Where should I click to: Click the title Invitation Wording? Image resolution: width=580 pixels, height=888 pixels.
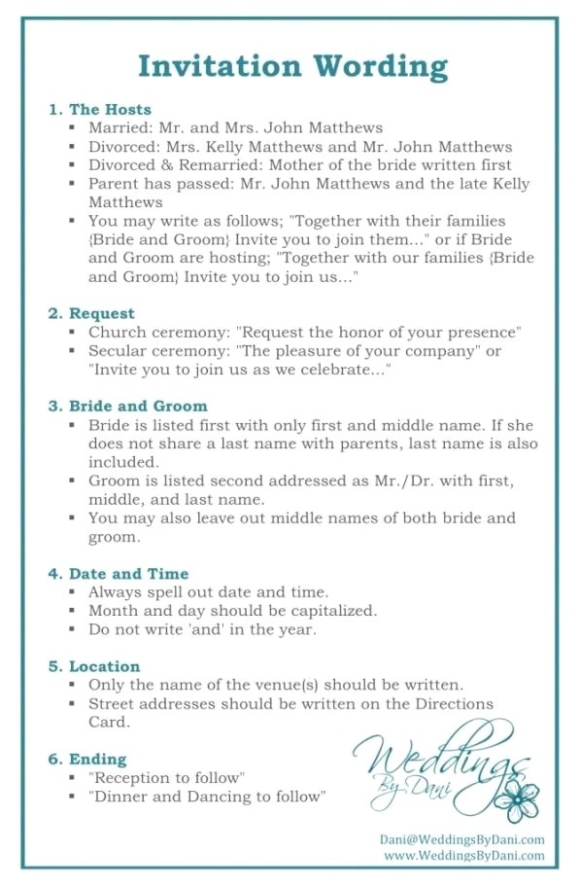[292, 65]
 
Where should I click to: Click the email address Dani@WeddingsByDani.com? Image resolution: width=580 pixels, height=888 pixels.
[462, 839]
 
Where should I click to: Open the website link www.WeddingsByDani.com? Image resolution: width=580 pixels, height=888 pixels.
[464, 856]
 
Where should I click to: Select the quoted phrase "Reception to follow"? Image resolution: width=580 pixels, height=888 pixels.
[166, 778]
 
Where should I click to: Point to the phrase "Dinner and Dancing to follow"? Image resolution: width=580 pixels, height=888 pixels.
[207, 797]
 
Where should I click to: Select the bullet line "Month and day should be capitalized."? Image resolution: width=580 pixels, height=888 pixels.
[232, 611]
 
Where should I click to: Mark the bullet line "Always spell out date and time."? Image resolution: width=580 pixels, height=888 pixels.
[208, 592]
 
